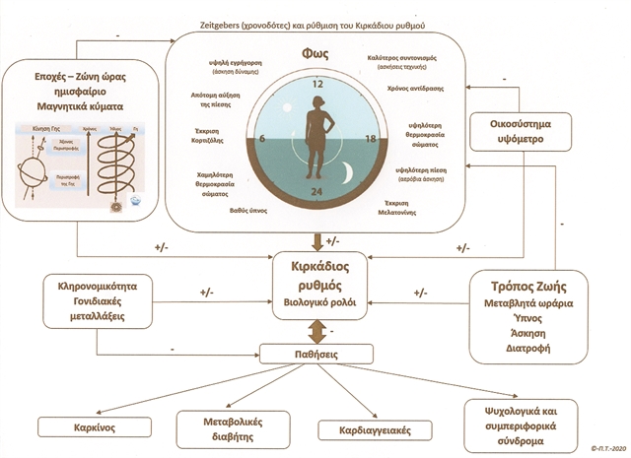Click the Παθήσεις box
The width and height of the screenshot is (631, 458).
coord(315,353)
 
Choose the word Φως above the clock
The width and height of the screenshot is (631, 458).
coord(317,54)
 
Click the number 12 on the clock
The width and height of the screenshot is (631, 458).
coord(316,85)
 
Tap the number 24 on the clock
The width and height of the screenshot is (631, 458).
coord(316,190)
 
